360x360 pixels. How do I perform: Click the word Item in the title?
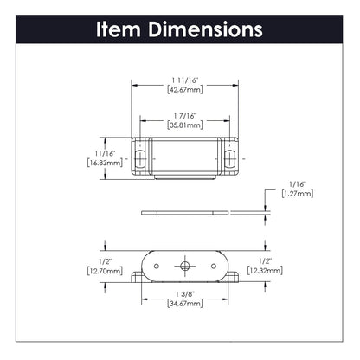click(119, 29)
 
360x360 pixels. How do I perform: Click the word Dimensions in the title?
click(205, 29)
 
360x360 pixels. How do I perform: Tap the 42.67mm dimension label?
click(185, 90)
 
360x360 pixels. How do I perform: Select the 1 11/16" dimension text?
click(185, 80)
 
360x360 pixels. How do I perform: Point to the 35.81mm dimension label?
click(185, 125)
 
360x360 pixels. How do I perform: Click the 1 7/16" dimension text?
click(185, 116)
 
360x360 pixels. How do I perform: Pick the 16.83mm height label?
click(105, 163)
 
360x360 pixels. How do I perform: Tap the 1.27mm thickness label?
click(298, 194)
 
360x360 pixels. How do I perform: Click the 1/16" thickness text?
click(298, 184)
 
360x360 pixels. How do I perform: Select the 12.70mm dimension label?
click(105, 271)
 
